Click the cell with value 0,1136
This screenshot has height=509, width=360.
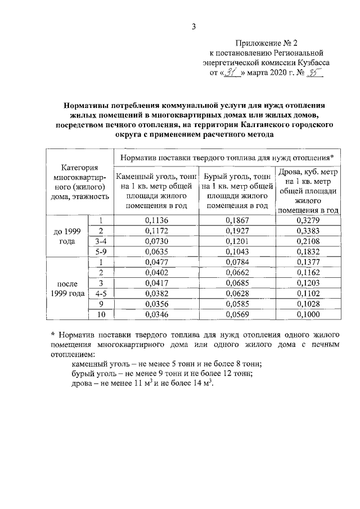[157, 220]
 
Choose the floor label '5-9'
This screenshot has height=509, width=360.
[101, 251]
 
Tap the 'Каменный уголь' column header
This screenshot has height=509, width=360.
[157, 191]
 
